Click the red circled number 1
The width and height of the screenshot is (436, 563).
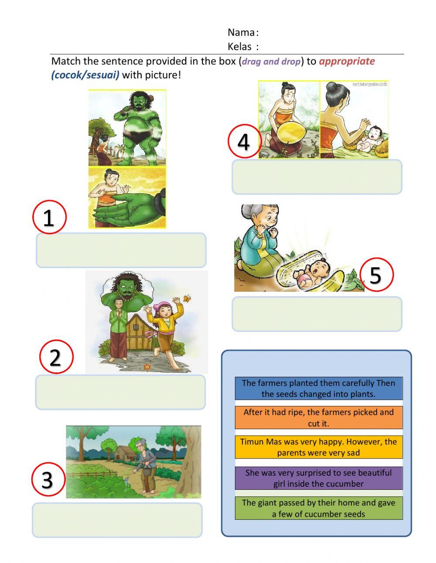[x=49, y=217]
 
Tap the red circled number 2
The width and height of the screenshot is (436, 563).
[x=56, y=357]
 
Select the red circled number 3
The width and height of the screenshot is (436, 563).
[x=48, y=479]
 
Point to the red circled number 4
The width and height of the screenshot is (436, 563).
[x=244, y=141]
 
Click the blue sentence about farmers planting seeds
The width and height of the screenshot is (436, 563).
[x=319, y=388]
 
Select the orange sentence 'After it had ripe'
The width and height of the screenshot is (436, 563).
[x=319, y=417]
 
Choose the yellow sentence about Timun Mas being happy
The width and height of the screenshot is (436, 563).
[x=319, y=447]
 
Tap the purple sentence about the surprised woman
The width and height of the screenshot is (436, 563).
[x=319, y=478]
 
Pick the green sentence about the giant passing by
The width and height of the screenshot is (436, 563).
[x=319, y=508]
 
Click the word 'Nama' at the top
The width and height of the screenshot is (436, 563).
[x=241, y=32]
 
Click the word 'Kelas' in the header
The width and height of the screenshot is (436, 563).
[x=239, y=46]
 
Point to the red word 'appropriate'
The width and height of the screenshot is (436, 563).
[x=347, y=61]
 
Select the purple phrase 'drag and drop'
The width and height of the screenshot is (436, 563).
[x=271, y=61]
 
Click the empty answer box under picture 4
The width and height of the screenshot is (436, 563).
[x=317, y=177]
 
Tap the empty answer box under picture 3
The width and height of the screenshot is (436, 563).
[x=117, y=520]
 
